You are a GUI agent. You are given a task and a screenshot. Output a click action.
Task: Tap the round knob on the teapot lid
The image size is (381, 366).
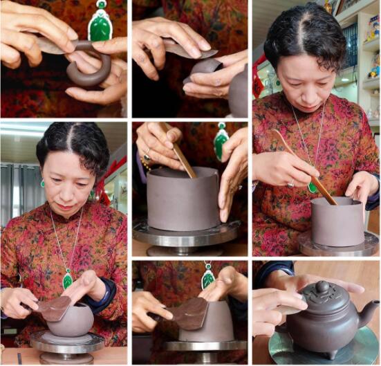tap(323, 286)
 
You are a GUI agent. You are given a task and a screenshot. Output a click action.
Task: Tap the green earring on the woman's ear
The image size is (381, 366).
tap(42, 183)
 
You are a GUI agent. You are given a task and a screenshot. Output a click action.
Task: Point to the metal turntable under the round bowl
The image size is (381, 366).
tap(66, 342)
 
